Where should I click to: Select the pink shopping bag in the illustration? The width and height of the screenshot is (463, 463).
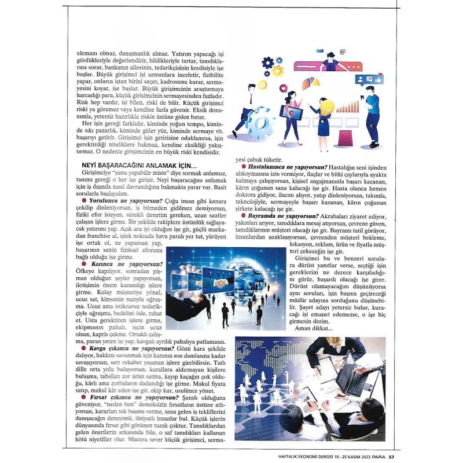(346, 137)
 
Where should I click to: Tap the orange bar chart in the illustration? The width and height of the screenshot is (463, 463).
(348, 107)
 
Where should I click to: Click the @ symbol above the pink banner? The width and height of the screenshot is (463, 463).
(343, 52)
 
